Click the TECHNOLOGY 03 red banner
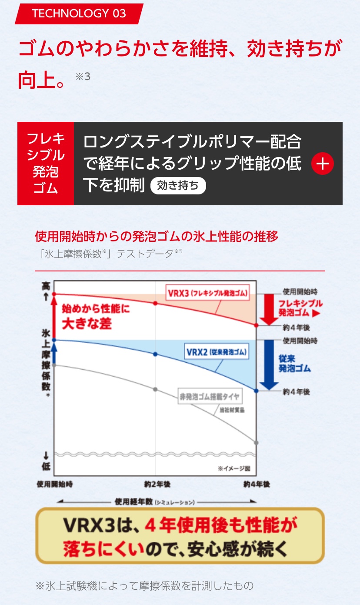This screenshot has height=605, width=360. (79, 13)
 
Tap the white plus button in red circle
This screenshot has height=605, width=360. (322, 164)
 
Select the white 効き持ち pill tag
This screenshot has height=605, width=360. (178, 186)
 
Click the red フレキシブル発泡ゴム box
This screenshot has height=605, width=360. (46, 164)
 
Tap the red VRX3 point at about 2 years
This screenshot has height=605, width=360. (156, 303)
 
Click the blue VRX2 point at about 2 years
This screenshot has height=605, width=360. (156, 354)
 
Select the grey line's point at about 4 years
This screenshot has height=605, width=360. (256, 443)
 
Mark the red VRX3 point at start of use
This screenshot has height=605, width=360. (54, 294)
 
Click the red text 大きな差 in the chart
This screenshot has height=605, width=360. (87, 324)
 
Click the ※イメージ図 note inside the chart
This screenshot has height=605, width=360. (233, 468)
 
